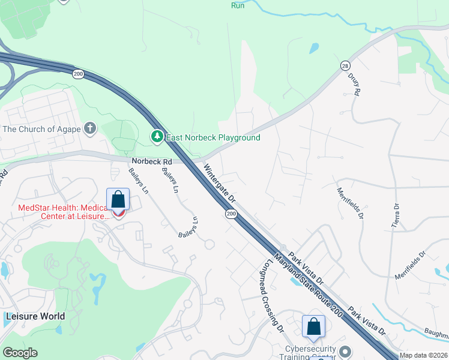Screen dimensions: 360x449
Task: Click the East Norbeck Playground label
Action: tap(213, 137)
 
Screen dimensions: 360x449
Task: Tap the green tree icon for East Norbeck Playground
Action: tap(157, 137)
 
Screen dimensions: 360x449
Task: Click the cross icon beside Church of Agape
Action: tap(90, 128)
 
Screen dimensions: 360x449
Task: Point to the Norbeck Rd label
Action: tap(152, 161)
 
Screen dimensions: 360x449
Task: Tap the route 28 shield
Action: tap(345, 65)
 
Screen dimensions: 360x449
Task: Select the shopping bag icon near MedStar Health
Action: tap(118, 199)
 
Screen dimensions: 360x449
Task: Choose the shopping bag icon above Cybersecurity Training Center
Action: tap(313, 326)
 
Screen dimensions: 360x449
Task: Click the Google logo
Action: tap(20, 353)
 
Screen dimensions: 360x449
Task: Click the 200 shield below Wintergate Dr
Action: tap(231, 213)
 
